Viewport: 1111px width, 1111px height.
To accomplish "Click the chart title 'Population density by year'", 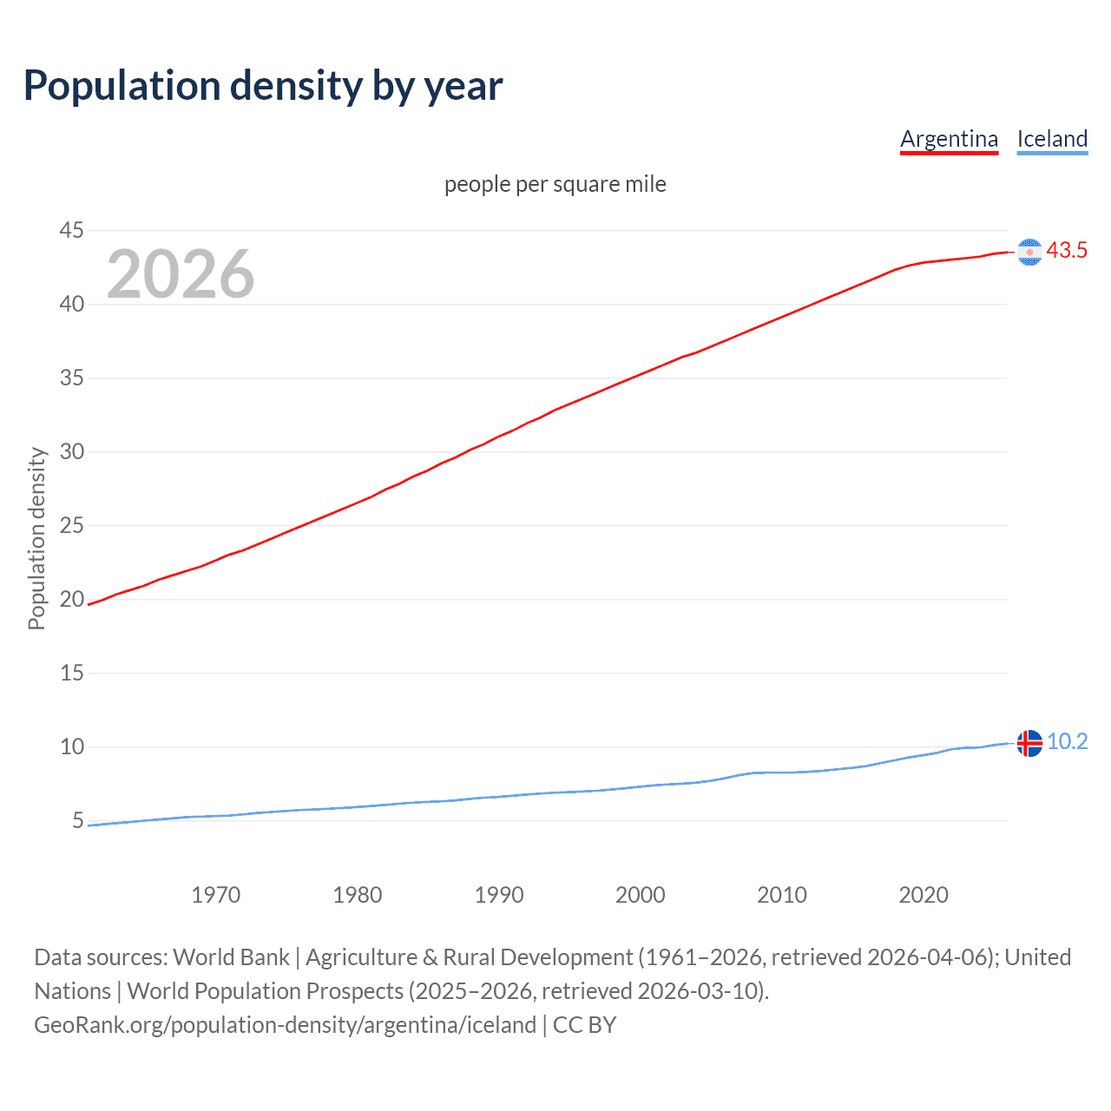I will (263, 86).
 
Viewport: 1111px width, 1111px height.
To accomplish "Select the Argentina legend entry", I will (949, 139).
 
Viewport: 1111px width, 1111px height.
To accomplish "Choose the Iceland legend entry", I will (1052, 139).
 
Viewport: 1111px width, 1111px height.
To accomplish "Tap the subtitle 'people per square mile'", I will (555, 184).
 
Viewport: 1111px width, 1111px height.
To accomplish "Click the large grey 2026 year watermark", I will (181, 274).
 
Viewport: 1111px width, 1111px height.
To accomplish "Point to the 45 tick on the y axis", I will (71, 230).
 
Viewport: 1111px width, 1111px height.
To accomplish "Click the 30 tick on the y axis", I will (71, 451).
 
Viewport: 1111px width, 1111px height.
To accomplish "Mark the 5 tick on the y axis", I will (78, 820).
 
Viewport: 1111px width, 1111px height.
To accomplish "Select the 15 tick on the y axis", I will (71, 673).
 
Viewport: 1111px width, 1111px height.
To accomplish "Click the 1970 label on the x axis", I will (215, 895).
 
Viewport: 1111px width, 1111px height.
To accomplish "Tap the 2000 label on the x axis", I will (640, 895).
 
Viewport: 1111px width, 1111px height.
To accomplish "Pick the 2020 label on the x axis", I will (923, 895).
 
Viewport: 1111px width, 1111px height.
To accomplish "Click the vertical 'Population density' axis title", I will (36, 538).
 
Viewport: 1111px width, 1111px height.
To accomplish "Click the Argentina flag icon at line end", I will (1029, 252).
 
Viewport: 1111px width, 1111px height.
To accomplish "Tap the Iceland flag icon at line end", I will (1029, 743).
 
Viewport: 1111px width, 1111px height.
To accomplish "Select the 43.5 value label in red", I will (1067, 251).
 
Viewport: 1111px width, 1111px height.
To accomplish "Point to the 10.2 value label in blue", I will (1067, 742).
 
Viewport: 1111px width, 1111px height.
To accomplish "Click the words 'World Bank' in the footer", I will (231, 957).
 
